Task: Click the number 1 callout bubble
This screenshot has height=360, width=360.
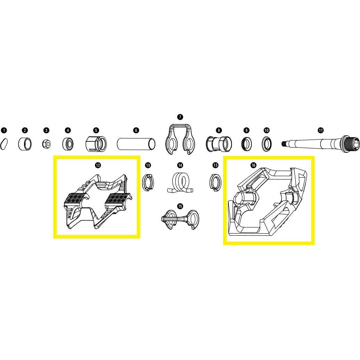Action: click(x=4, y=131)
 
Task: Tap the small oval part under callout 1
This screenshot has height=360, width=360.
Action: click(x=4, y=144)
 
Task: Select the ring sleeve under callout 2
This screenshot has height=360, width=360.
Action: click(x=25, y=144)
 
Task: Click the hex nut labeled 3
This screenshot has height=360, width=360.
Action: click(x=46, y=144)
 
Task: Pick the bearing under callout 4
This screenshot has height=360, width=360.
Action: click(x=68, y=144)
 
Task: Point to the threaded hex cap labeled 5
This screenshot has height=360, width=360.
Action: click(x=96, y=144)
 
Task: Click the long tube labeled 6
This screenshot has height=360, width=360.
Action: click(x=136, y=144)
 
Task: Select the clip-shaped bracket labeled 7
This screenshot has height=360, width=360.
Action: click(x=180, y=139)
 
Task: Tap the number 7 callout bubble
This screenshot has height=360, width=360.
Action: click(x=180, y=117)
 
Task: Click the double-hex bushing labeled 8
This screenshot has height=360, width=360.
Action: click(x=219, y=144)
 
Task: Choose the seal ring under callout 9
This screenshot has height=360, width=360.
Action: click(x=246, y=144)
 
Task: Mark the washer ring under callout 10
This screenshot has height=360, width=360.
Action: click(x=267, y=144)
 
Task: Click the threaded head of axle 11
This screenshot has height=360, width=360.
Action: click(x=350, y=143)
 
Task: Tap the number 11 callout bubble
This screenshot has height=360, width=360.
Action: click(x=321, y=131)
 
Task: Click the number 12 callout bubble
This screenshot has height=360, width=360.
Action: click(x=98, y=165)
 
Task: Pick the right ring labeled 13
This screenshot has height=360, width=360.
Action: click(x=216, y=183)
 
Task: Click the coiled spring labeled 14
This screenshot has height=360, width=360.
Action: click(x=180, y=182)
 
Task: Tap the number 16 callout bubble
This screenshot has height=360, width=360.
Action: click(x=253, y=165)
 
